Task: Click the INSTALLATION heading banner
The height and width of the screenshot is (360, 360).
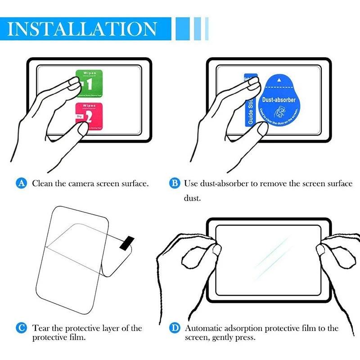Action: click(85, 28)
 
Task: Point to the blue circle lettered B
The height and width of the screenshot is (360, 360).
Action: click(174, 184)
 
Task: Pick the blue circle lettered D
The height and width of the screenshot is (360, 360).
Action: click(174, 328)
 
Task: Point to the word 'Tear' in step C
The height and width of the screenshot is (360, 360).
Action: click(41, 328)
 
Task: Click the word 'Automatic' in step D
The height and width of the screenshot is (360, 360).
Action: click(202, 328)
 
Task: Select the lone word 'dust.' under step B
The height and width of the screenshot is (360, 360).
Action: click(192, 198)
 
